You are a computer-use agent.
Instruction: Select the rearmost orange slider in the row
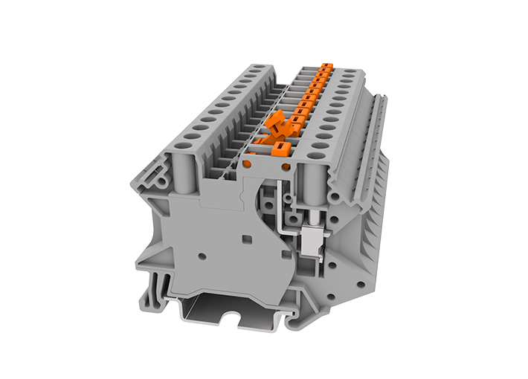(x=324, y=68)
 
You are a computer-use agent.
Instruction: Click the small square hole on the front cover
(x=247, y=240)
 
